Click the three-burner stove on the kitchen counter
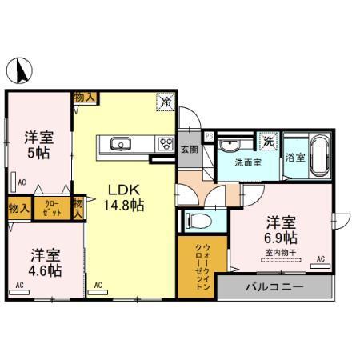click(165, 144)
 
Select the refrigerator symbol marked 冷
click(166, 102)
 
